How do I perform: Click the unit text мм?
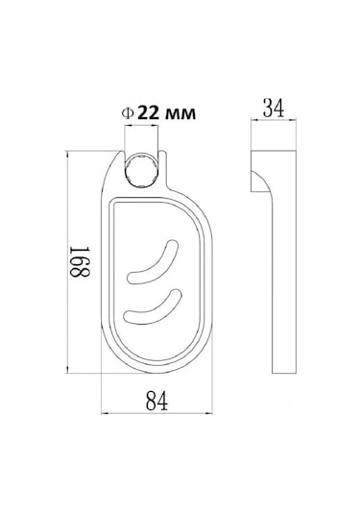click(x=180, y=113)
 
